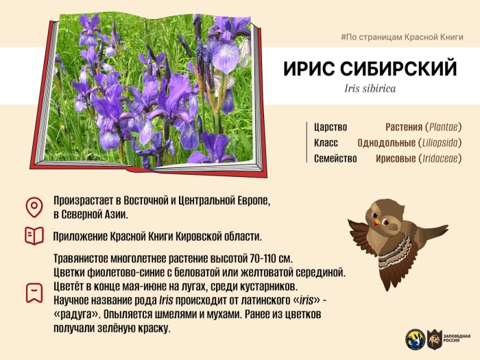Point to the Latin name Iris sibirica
pos(370,89)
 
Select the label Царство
pos(331,128)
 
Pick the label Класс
pos(326,143)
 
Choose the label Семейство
pos(335,158)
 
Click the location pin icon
pos(33,206)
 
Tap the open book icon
pos(33,237)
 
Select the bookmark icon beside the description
pos(33,291)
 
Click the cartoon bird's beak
pos(376,223)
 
